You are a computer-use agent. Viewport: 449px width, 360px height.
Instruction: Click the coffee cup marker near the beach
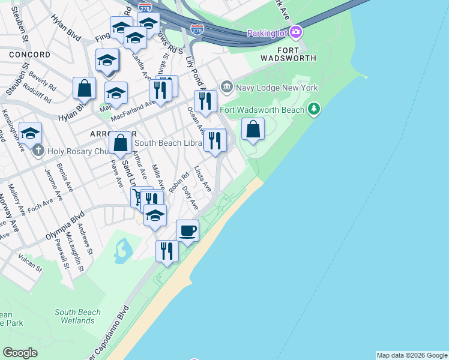(x=187, y=230)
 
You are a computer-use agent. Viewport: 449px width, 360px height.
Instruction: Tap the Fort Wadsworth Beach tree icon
(x=313, y=109)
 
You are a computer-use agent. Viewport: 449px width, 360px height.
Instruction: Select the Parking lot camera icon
(x=295, y=32)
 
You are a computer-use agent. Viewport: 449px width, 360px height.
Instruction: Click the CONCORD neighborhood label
(x=30, y=55)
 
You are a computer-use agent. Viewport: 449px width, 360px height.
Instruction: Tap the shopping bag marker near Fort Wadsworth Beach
(x=253, y=128)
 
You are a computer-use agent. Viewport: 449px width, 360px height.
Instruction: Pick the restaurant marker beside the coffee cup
(x=167, y=250)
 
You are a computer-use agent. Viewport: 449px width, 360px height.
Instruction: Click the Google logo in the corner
(x=20, y=353)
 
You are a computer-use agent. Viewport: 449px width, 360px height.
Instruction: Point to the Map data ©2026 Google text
(x=411, y=355)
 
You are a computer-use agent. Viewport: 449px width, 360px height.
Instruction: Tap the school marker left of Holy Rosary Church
(x=30, y=134)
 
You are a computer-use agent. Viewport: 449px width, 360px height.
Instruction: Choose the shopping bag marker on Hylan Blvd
(x=85, y=88)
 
